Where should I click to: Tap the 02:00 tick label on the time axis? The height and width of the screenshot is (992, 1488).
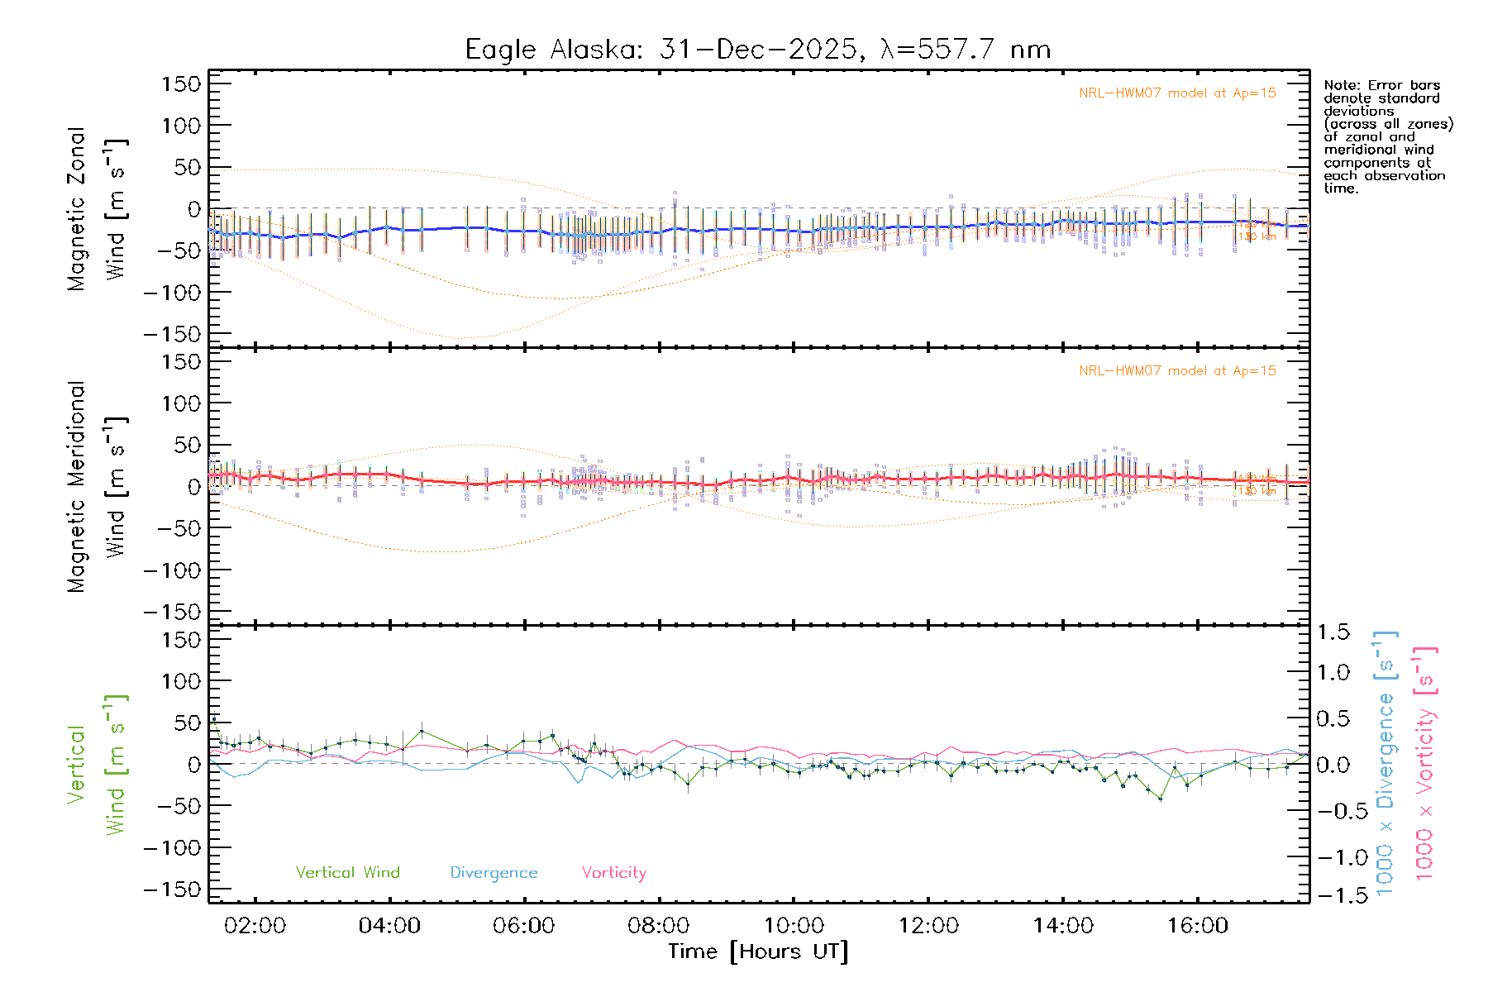[255, 925]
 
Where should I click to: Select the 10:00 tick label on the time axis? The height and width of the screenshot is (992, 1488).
[794, 925]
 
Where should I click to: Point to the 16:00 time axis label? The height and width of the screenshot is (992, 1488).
[1197, 925]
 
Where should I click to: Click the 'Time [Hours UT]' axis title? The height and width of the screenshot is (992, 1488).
[758, 951]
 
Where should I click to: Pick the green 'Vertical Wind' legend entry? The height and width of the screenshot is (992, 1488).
[347, 872]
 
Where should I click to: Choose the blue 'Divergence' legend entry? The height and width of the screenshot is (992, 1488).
[494, 872]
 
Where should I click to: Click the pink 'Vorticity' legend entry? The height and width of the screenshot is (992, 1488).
[613, 872]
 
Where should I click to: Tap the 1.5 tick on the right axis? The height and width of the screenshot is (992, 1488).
[1333, 632]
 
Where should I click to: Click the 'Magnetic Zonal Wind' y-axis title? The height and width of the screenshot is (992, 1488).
[98, 209]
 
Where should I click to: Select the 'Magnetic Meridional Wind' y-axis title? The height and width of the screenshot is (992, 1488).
[98, 487]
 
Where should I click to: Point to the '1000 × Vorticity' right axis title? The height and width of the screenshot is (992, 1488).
[1424, 765]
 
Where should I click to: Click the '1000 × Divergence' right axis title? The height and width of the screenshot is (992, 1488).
[1385, 765]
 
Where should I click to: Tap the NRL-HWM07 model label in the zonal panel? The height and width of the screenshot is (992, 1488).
[1177, 93]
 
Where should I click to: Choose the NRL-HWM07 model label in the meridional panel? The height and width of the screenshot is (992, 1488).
[1177, 371]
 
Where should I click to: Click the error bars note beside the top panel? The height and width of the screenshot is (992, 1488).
[1387, 136]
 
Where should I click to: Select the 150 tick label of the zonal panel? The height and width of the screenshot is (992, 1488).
[182, 83]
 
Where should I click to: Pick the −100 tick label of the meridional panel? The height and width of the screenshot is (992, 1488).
[172, 570]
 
